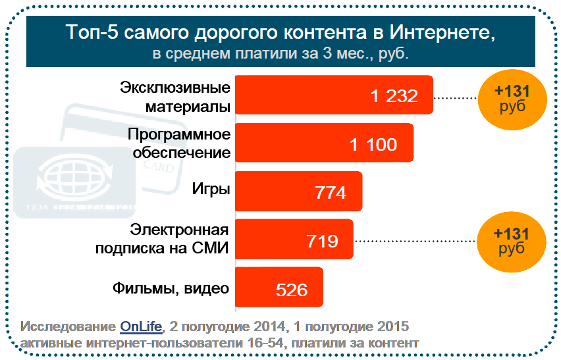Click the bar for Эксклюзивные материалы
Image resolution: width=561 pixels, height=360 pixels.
(x=334, y=95)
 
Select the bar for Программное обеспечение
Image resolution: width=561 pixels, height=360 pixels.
(x=324, y=143)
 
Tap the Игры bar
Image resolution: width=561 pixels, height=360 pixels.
(x=298, y=191)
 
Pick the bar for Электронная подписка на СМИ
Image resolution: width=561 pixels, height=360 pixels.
(x=294, y=239)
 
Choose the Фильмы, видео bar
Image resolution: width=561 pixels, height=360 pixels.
(x=279, y=287)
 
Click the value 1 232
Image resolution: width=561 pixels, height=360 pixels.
(x=394, y=96)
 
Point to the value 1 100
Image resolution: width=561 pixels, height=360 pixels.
(x=373, y=144)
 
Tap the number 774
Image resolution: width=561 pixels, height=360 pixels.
(x=331, y=193)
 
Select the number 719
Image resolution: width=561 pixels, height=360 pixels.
(x=322, y=241)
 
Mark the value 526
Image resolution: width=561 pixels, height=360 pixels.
(x=290, y=289)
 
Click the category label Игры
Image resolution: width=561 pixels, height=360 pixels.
(x=211, y=190)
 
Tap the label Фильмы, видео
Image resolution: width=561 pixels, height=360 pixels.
(x=171, y=288)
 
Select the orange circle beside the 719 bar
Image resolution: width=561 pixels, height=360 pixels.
(x=512, y=240)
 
